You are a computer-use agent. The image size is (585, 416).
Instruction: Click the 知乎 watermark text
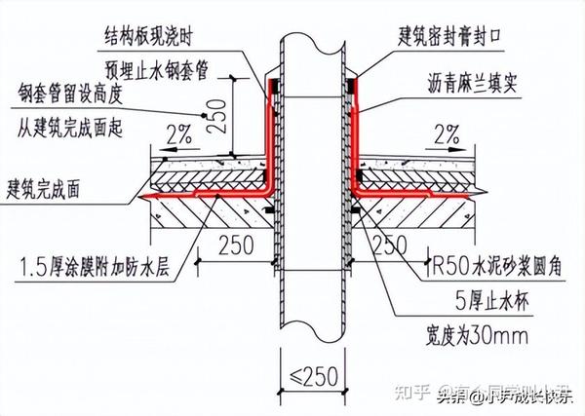416,394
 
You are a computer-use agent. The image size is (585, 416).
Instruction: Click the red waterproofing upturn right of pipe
356,136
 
